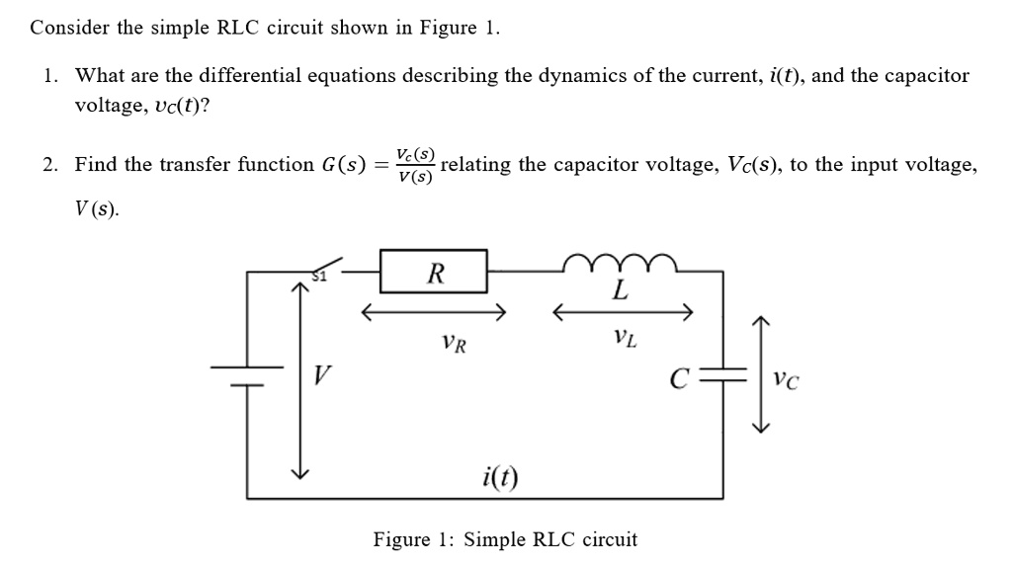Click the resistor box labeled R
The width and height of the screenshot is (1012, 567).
pyautogui.click(x=435, y=272)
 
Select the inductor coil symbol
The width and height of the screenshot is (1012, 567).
pyautogui.click(x=618, y=261)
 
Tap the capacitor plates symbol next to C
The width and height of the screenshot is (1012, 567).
pyautogui.click(x=732, y=377)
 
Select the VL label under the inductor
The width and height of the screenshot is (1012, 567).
pyautogui.click(x=625, y=341)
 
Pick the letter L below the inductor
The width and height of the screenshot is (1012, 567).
pyautogui.click(x=620, y=290)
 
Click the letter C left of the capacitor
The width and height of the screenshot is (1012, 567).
pyautogui.click(x=677, y=379)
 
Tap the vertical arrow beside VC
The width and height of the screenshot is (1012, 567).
pyautogui.click(x=761, y=375)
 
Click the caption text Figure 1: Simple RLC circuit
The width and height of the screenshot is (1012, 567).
pyautogui.click(x=505, y=539)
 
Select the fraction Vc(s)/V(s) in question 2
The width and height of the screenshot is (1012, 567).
pyautogui.click(x=414, y=165)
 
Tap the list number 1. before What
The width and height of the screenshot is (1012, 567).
pyautogui.click(x=51, y=75)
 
